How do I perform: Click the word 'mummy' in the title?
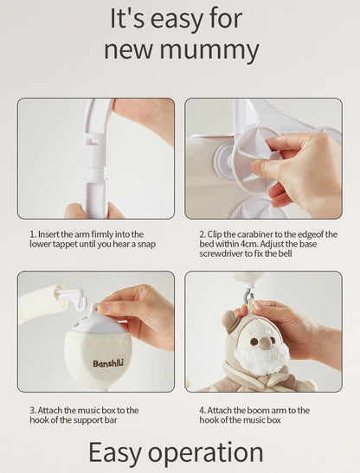tap(209, 51)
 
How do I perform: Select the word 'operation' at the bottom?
tap(206, 452)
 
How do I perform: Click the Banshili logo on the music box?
tap(108, 363)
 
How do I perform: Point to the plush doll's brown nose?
tap(265, 343)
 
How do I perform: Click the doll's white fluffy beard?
tap(262, 358)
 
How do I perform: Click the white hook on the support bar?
tap(74, 297)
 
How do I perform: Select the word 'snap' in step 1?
tap(146, 244)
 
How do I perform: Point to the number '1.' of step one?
tap(33, 234)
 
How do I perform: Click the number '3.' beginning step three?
tap(33, 410)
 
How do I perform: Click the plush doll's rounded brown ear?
tap(229, 321)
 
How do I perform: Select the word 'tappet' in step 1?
tap(65, 244)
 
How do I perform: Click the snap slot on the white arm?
tap(92, 142)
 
